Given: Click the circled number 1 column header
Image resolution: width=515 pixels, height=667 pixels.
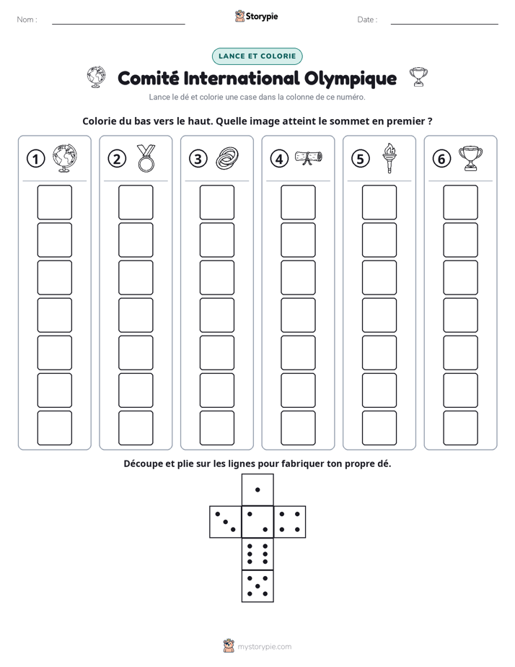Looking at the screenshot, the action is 35,159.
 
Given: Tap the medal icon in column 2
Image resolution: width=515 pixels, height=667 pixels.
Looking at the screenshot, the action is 146,158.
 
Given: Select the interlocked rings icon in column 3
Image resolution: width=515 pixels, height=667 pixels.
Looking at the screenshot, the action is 227,158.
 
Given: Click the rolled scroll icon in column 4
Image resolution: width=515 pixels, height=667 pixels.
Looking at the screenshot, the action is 309,157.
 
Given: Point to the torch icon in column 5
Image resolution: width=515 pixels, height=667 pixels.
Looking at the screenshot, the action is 389,158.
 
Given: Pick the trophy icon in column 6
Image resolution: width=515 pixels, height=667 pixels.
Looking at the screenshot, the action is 470,158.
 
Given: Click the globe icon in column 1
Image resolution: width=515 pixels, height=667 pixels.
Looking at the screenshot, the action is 65,158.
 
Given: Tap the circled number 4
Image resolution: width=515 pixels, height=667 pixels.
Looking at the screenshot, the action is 279,159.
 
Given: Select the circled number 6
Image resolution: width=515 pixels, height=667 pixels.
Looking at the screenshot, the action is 441,159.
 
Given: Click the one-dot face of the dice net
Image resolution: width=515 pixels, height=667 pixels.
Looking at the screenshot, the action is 257,489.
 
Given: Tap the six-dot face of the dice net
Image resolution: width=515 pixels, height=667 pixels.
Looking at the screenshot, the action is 257,554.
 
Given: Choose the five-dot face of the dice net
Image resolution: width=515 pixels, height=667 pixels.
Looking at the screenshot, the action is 257,585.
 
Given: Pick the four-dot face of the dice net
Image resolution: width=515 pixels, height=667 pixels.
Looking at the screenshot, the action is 290,522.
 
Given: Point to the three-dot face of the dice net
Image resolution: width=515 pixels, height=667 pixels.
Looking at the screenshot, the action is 226,522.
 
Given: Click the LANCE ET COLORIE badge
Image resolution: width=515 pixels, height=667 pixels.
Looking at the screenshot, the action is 257,56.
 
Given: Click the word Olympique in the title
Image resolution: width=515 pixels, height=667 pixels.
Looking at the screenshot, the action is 351,79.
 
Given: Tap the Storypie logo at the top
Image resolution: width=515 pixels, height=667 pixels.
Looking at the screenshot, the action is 256,16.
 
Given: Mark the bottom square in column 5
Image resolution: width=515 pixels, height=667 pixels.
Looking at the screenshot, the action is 379,428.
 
